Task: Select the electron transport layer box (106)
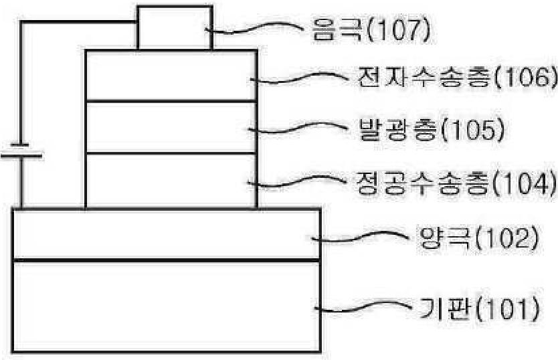point(171,76)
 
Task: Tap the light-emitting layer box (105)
point(171,127)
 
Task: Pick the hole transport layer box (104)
point(171,181)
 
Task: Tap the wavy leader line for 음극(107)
point(254,28)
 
